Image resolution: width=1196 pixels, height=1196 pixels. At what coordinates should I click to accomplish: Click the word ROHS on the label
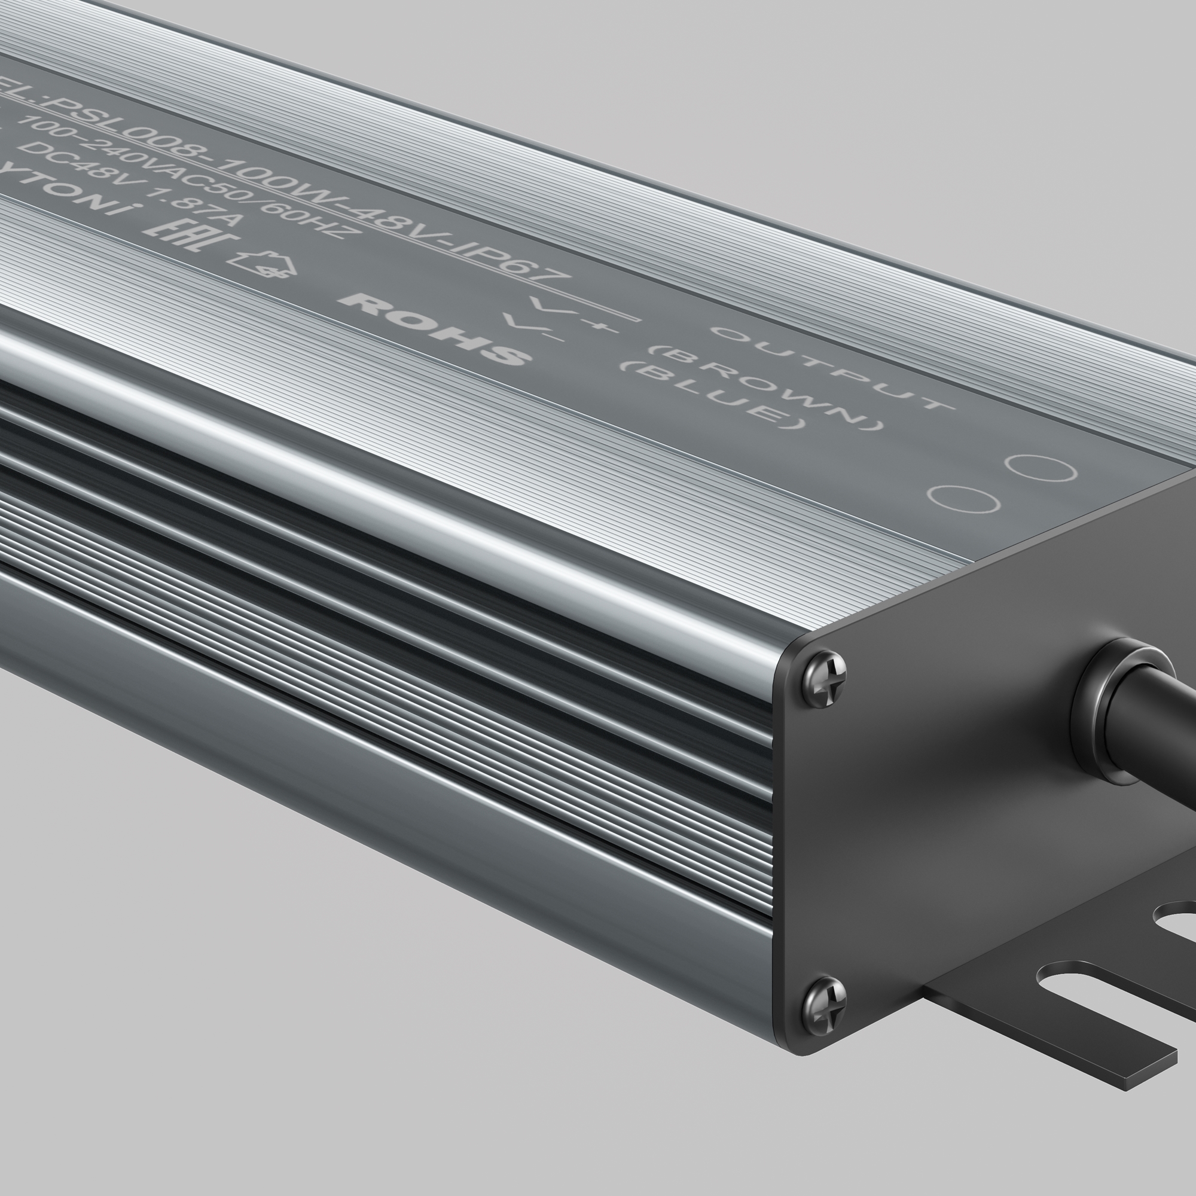pos(435,328)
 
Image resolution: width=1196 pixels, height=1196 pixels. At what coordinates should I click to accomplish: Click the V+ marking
pos(573,313)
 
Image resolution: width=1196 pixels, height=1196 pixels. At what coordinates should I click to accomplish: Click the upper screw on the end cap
pos(824,679)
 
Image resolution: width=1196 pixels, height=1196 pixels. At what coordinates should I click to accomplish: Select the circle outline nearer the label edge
pos(963,499)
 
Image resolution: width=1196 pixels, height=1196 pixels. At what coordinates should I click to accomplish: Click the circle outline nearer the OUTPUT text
pos(1041,468)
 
